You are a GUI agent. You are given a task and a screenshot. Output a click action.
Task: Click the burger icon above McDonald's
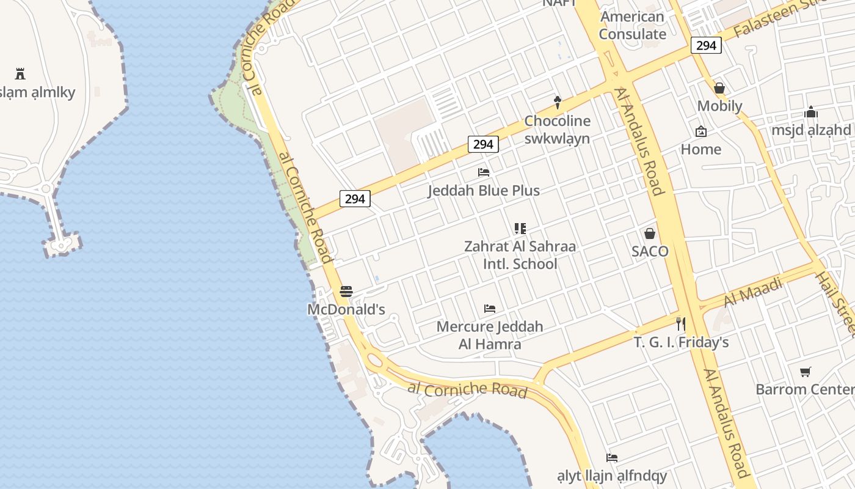pyautogui.click(x=346, y=292)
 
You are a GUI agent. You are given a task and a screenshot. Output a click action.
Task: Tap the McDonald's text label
pyautogui.click(x=346, y=309)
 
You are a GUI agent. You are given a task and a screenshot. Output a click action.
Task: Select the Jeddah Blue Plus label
pyautogui.click(x=484, y=191)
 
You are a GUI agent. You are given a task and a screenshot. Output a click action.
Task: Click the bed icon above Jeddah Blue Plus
pyautogui.click(x=484, y=172)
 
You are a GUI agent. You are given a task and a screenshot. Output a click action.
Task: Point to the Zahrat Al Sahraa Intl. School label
pyautogui.click(x=520, y=256)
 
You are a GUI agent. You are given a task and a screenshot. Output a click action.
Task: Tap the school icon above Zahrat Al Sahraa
pyautogui.click(x=520, y=229)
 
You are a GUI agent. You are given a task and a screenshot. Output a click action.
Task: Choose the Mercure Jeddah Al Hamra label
pyautogui.click(x=490, y=335)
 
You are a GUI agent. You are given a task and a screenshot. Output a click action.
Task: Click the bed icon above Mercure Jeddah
pyautogui.click(x=489, y=309)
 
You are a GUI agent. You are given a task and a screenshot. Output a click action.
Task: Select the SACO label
pyautogui.click(x=650, y=251)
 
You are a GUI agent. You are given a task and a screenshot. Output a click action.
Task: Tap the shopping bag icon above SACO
pyautogui.click(x=650, y=233)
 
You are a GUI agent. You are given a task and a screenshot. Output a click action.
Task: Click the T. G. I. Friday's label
pyautogui.click(x=681, y=342)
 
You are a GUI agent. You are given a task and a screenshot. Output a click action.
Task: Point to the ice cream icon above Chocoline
pyautogui.click(x=557, y=102)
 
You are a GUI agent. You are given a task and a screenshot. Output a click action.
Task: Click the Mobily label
pyautogui.click(x=719, y=106)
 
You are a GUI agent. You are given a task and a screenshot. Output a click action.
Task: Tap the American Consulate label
pyautogui.click(x=632, y=25)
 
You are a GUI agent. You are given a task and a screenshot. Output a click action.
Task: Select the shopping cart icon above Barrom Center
pyautogui.click(x=806, y=372)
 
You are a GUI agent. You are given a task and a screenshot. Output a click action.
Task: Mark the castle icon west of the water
pyautogui.click(x=20, y=74)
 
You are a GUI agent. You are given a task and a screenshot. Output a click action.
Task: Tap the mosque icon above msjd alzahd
pyautogui.click(x=811, y=112)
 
